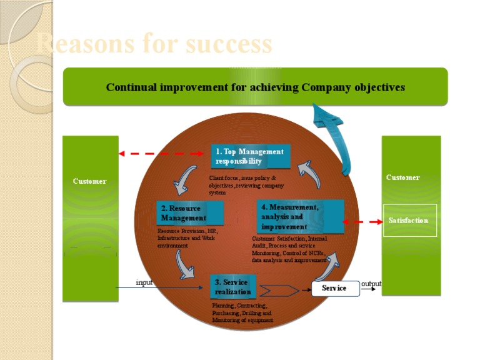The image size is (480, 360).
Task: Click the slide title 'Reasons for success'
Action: coord(154,44)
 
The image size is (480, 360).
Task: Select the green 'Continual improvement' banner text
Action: coord(255,87)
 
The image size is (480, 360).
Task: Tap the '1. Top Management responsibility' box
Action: coord(250,156)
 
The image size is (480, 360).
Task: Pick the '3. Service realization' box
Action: coord(233,287)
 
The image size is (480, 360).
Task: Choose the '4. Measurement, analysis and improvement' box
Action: coord(300,216)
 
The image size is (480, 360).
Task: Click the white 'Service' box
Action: coord(336,288)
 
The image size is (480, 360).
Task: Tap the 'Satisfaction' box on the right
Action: coord(409,221)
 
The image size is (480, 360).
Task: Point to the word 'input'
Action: coord(144,282)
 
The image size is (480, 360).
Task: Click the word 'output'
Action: coord(371,284)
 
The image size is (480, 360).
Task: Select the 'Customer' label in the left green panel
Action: coord(89,181)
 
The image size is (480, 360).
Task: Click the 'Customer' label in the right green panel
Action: coord(403,177)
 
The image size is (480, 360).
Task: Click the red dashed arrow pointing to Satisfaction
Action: coord(364,221)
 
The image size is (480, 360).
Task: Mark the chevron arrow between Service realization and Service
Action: coord(279,291)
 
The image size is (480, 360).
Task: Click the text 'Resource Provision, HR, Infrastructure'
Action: coord(187,238)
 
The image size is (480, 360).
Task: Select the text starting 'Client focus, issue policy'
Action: coord(246,185)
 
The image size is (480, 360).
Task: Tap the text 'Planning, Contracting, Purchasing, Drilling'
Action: coord(242,312)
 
